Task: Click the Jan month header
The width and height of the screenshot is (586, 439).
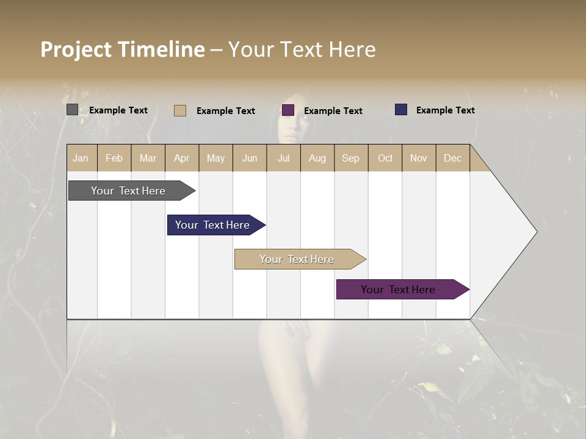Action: point(81,158)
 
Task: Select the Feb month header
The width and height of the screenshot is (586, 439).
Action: point(114,158)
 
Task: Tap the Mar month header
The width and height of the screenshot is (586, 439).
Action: point(148,158)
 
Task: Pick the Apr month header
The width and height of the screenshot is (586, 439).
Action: point(182,158)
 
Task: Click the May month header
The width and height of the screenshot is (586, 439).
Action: point(215,158)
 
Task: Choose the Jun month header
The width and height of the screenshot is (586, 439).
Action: point(250,158)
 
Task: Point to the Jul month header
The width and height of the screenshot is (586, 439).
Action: point(283,158)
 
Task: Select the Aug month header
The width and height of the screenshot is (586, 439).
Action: point(317,158)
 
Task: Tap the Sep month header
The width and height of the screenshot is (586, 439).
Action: point(351,158)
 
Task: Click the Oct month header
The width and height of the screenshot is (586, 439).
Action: point(385,158)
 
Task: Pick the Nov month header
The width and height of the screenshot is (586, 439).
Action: point(419,158)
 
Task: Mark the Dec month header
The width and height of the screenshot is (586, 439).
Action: point(453,158)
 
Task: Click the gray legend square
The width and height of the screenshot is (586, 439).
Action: point(72,110)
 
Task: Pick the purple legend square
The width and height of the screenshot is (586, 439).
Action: point(288,110)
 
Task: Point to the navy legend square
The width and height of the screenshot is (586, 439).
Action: point(401,110)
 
